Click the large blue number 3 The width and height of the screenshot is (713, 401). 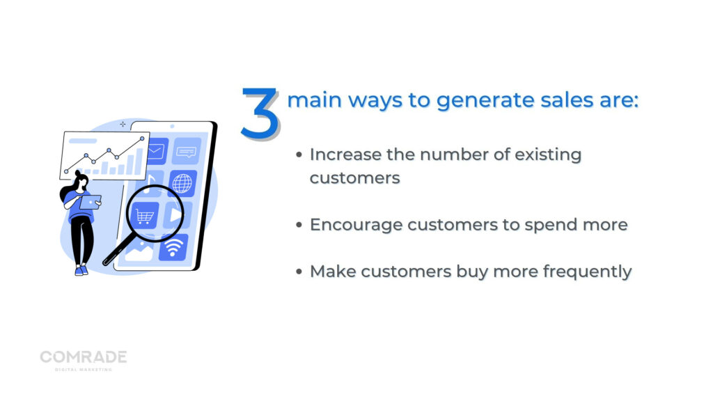259,113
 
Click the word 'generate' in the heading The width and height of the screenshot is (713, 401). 485,101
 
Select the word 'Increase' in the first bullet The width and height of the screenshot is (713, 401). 345,155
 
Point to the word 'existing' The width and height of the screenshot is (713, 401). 548,155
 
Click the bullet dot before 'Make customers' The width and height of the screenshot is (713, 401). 299,272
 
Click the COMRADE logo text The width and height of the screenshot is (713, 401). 84,357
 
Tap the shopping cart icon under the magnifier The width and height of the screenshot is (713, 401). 145,217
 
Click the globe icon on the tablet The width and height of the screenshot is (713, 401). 182,183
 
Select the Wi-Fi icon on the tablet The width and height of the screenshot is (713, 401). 173,248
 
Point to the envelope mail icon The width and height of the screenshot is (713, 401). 156,150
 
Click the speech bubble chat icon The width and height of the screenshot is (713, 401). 186,151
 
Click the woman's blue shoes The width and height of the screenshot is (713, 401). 81,271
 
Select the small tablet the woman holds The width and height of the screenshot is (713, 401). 90,203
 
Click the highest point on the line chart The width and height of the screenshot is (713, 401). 142,139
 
